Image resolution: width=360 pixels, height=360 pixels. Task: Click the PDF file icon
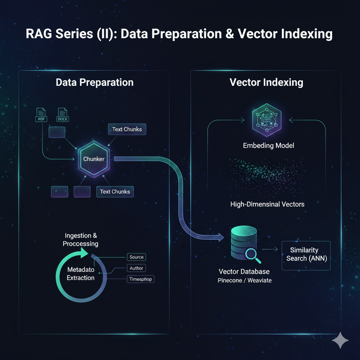tap(41, 115)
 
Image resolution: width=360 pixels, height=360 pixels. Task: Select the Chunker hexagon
tap(94, 159)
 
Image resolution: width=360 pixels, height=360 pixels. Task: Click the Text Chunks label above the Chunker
tap(127, 129)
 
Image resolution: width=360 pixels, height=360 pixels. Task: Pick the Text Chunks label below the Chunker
tap(115, 192)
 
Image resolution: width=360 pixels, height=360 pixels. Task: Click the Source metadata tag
tap(136, 257)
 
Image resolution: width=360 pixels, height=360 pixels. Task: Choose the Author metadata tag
tap(136, 268)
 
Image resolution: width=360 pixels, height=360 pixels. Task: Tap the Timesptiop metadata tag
tap(140, 279)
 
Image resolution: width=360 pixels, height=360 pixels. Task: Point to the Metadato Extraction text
tap(81, 274)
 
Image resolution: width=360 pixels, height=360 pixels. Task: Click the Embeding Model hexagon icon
tap(266, 120)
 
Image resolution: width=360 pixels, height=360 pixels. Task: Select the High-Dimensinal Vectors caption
tap(267, 204)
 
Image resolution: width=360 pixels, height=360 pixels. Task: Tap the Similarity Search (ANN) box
tap(306, 254)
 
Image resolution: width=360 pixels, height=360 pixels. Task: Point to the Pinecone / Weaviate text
tap(244, 281)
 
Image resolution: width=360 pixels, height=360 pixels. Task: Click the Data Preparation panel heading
tap(95, 83)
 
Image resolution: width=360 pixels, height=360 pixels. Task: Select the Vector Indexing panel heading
tap(266, 83)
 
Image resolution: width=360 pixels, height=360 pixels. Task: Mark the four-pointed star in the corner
tap(340, 340)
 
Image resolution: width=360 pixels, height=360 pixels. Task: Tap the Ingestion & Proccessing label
tap(81, 239)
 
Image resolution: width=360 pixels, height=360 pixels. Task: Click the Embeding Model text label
tap(269, 146)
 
